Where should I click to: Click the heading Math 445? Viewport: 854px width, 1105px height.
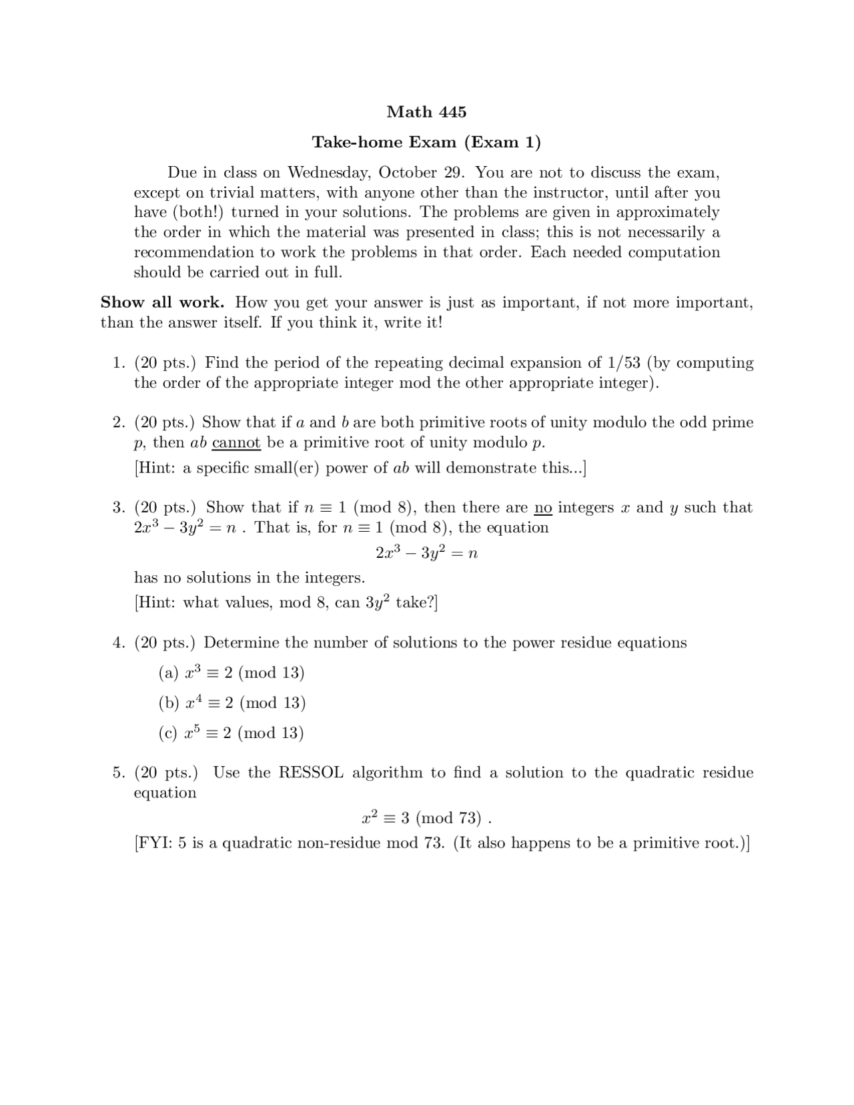(x=426, y=112)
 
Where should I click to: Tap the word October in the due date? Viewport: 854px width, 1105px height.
(x=408, y=172)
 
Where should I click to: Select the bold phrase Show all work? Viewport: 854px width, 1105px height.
(x=162, y=302)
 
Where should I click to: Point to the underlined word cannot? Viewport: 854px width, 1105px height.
(x=236, y=443)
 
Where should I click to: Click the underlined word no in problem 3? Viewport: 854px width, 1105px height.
(x=543, y=508)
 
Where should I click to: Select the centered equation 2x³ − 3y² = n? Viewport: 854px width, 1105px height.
(x=426, y=553)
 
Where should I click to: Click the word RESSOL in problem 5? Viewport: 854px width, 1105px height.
(x=311, y=773)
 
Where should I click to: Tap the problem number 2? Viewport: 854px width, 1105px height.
(x=118, y=423)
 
